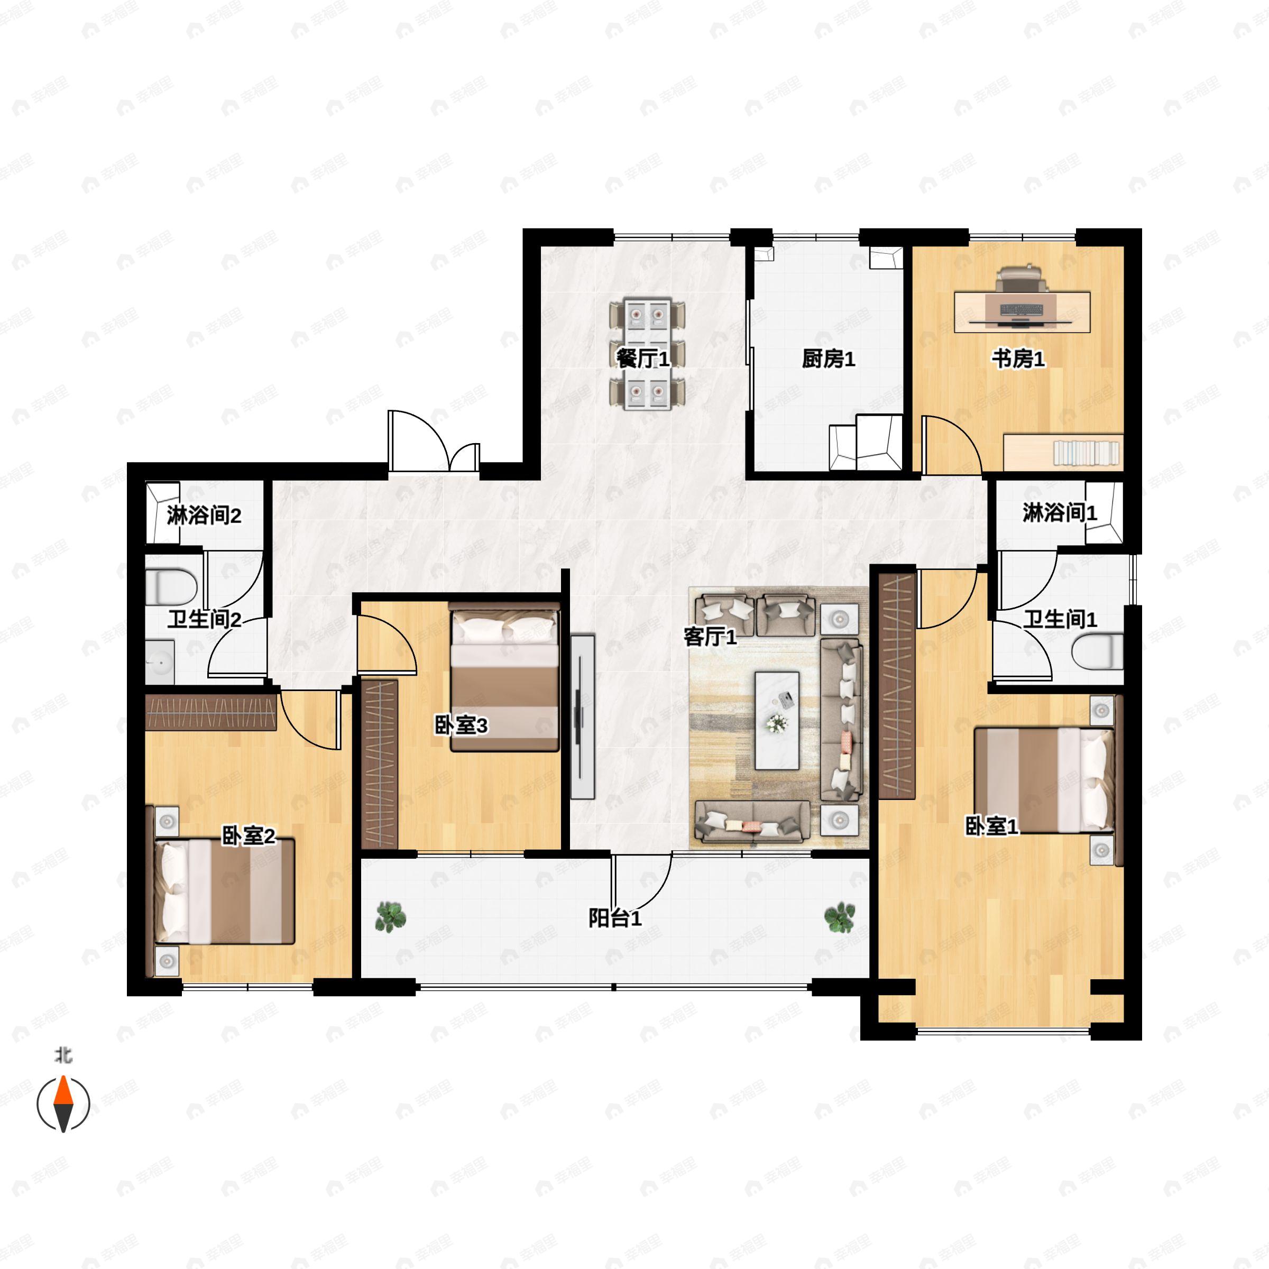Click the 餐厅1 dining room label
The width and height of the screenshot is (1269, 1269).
point(643,360)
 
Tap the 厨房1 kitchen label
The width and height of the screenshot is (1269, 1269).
point(828,360)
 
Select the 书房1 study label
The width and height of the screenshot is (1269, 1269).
point(1017,360)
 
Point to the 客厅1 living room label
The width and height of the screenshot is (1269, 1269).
point(710,637)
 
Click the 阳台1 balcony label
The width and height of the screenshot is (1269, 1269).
point(615,919)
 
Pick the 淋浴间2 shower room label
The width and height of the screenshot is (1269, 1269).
point(204,516)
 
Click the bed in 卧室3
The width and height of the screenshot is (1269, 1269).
point(505,677)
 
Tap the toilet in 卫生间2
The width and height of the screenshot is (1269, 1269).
point(171,586)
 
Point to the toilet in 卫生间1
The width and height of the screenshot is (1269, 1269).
point(1098,653)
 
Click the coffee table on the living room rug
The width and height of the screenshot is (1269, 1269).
point(777,720)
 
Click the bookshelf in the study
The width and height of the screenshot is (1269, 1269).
point(1063,453)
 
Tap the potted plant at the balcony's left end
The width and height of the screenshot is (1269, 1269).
point(390,917)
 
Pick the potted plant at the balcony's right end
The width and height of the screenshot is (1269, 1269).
point(840,917)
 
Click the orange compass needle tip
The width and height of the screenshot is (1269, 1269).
point(63,1076)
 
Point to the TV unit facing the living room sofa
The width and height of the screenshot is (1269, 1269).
point(582,716)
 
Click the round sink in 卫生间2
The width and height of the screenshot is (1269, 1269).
point(160,662)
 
